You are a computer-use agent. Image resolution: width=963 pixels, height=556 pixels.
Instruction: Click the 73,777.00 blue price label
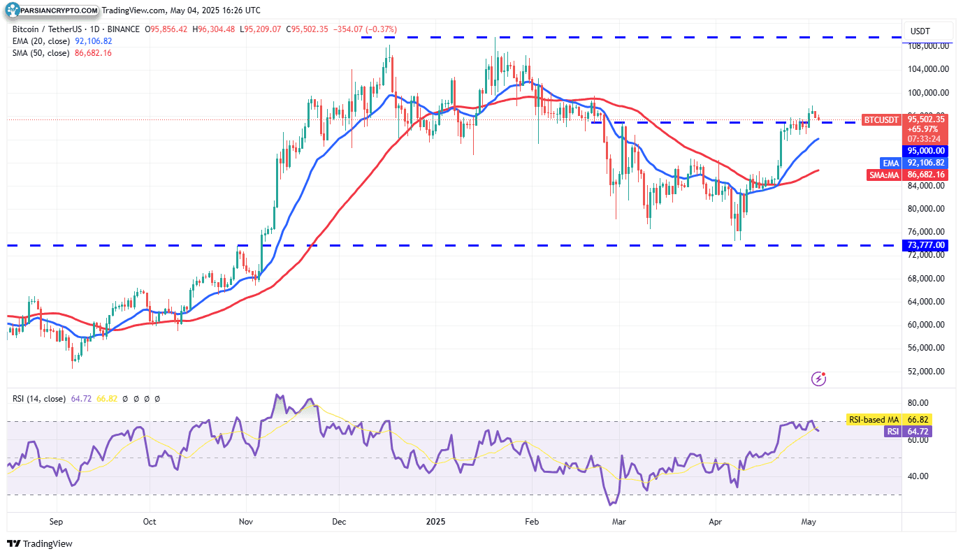click(x=926, y=245)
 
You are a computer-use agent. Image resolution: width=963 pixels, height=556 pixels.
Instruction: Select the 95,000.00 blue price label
click(x=926, y=150)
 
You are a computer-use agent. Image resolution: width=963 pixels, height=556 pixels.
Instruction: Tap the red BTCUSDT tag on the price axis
click(x=881, y=119)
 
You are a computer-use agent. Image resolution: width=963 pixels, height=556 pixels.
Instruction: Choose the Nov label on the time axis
click(x=245, y=521)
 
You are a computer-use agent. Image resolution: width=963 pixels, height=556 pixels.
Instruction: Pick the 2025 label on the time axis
click(x=435, y=521)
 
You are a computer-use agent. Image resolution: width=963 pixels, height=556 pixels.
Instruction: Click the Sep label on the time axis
click(x=57, y=521)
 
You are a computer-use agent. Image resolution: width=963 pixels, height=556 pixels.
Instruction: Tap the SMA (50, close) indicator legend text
click(x=41, y=52)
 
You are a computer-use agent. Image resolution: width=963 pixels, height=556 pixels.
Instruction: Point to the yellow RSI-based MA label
click(x=874, y=419)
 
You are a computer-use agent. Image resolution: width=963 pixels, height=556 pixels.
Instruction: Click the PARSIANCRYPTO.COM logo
click(x=52, y=10)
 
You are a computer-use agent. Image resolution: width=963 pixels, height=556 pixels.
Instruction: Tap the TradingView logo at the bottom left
click(x=41, y=543)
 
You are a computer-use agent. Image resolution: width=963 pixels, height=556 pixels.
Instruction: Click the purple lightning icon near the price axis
click(x=819, y=379)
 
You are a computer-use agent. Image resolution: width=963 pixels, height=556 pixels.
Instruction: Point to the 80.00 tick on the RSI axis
click(x=917, y=403)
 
